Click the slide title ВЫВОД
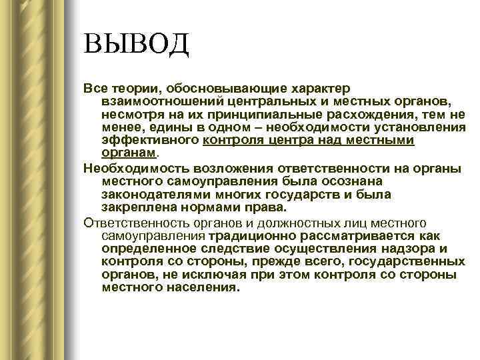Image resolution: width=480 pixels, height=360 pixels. [137, 46]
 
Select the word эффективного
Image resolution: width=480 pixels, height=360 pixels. [150, 140]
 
